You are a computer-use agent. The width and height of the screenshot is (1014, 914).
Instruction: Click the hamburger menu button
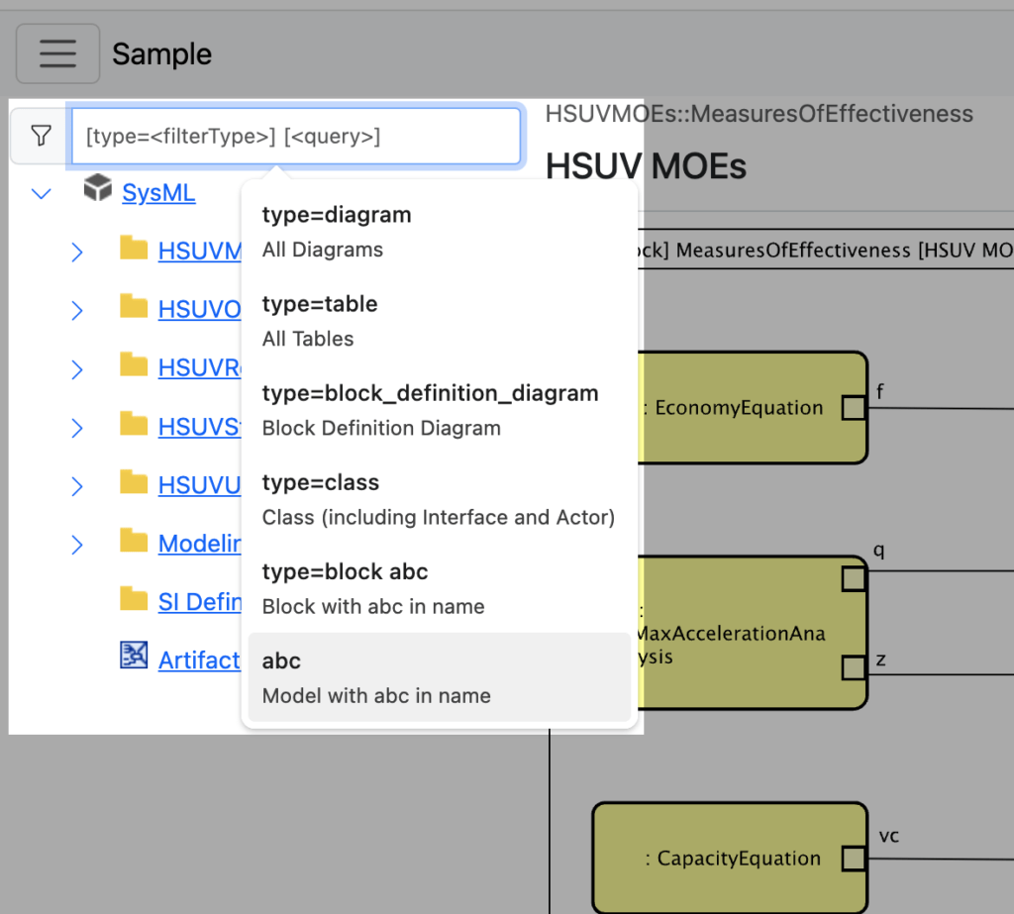coord(57,53)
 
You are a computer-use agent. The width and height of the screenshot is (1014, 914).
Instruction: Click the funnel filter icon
coord(41,136)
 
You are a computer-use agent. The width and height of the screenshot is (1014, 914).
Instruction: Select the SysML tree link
coord(158,192)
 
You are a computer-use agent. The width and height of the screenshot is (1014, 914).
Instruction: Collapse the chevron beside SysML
coord(42,193)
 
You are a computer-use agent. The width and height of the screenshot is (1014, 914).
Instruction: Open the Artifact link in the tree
coord(199,660)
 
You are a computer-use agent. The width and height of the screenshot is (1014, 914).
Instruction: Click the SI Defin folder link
coord(199,601)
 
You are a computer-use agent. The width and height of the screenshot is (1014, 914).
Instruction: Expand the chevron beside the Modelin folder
coord(77,544)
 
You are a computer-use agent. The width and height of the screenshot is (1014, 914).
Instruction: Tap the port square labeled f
coord(854,407)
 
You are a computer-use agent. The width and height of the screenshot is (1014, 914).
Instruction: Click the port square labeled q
coord(854,578)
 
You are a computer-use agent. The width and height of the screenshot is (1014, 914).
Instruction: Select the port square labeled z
coord(854,668)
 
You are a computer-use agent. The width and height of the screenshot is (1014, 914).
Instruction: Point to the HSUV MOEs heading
coord(646,165)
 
